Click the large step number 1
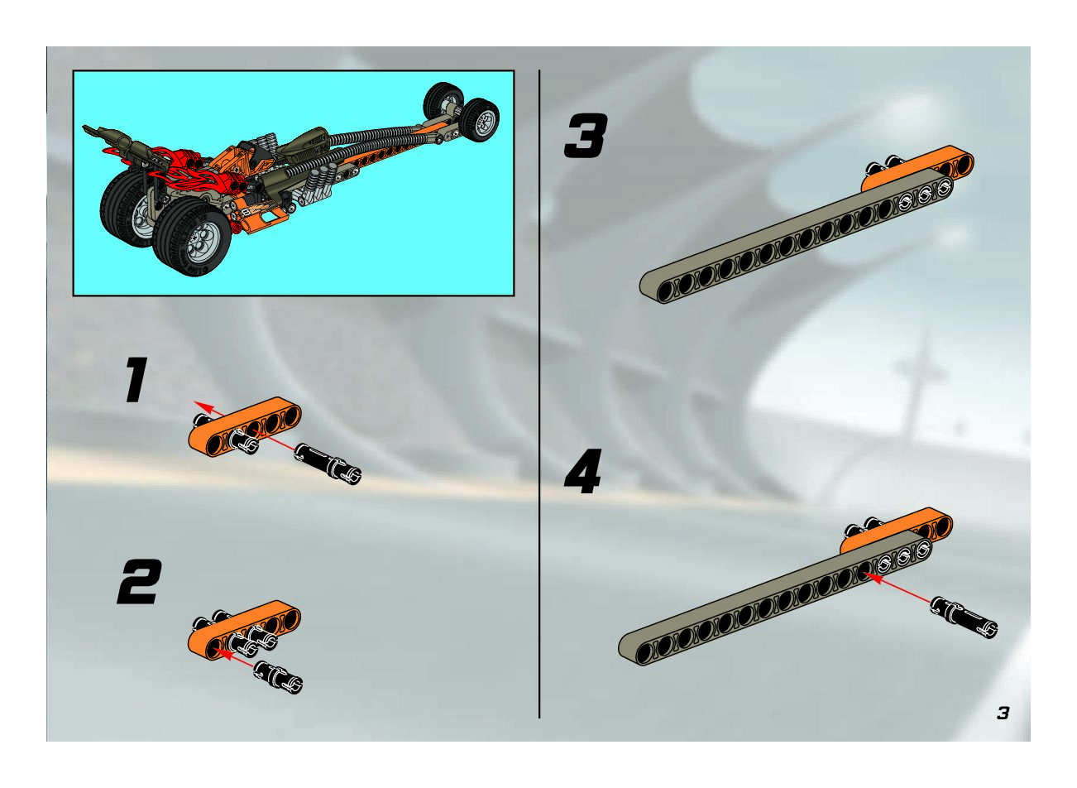click(136, 380)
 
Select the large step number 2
click(140, 582)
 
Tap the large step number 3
click(586, 136)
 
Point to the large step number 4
click(583, 471)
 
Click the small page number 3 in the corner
click(1003, 713)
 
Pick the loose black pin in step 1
click(328, 464)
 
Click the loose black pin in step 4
click(964, 617)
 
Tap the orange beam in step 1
click(245, 426)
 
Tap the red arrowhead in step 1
click(203, 406)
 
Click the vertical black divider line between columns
click(539, 393)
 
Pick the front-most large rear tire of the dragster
click(192, 236)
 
